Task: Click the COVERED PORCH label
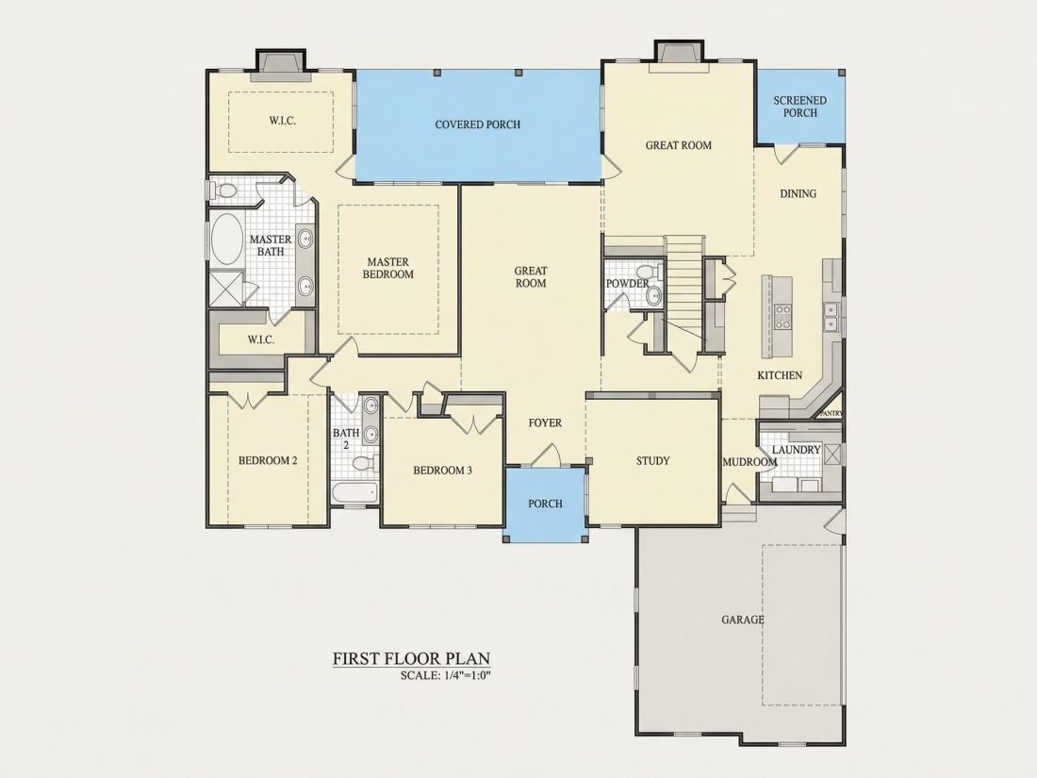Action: click(478, 124)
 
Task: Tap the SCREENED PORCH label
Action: click(800, 107)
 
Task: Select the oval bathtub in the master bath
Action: click(227, 239)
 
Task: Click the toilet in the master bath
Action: click(224, 191)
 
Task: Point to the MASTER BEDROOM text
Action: click(388, 268)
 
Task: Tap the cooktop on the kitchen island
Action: click(783, 317)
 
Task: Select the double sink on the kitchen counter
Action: click(831, 316)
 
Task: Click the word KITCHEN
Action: click(780, 375)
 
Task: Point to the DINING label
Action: click(798, 194)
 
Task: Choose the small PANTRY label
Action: click(831, 413)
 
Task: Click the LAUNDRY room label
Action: click(797, 450)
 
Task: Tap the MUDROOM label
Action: click(749, 462)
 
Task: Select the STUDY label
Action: click(652, 461)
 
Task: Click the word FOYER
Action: click(545, 422)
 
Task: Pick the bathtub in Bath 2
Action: click(355, 493)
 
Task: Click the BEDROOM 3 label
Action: click(442, 471)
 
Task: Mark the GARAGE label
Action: click(743, 620)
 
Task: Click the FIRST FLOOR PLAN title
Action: click(411, 658)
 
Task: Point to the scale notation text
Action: click(446, 675)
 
